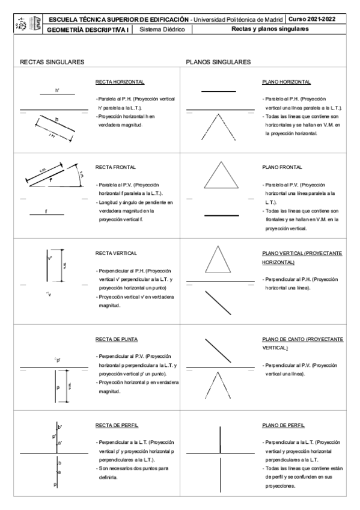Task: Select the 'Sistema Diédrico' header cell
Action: [165, 29]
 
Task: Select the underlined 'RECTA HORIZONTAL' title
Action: [120, 81]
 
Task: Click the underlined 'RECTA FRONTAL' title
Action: [115, 167]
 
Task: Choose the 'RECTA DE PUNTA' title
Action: [117, 339]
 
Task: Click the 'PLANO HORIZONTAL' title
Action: [286, 81]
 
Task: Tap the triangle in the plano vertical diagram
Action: [220, 259]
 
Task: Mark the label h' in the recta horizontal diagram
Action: [57, 91]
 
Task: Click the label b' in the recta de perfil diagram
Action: [60, 426]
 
